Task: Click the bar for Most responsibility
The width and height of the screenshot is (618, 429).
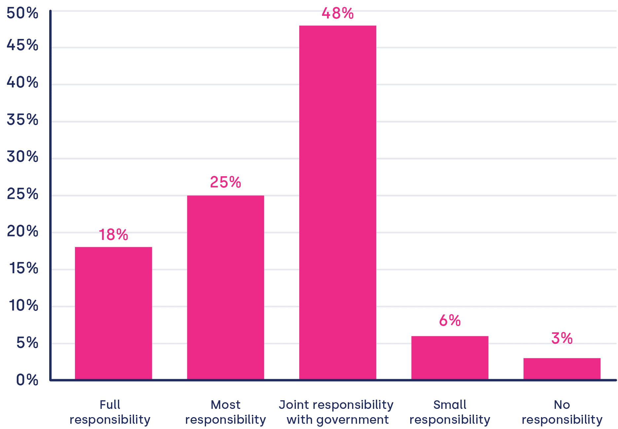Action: (x=226, y=287)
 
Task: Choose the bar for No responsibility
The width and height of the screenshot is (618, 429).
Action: (x=562, y=369)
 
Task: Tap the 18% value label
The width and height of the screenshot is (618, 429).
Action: (x=114, y=235)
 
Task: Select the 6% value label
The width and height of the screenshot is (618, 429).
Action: (x=450, y=321)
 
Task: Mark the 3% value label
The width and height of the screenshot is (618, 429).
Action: (x=562, y=339)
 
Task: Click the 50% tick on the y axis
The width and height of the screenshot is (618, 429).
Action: (x=22, y=14)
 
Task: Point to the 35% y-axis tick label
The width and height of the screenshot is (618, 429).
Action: (x=22, y=120)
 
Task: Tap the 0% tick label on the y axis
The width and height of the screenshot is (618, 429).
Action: (x=27, y=380)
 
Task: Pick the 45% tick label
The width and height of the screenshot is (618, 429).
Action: (x=22, y=46)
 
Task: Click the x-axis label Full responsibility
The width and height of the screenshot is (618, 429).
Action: (x=110, y=412)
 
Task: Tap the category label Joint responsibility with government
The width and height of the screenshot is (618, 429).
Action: (x=337, y=412)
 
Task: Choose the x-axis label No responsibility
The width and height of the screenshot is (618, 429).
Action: (x=562, y=412)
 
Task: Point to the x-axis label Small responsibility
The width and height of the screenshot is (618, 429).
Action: (x=450, y=412)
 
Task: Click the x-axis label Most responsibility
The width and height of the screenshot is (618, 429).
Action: (x=226, y=412)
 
